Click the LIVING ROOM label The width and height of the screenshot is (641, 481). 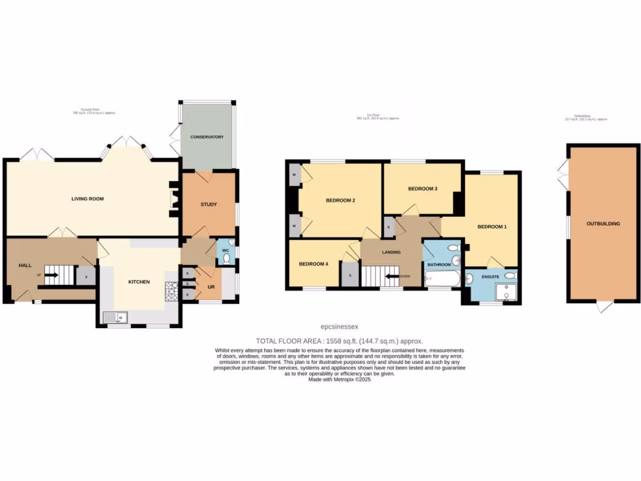(87, 199)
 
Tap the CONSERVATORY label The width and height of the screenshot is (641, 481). (207, 137)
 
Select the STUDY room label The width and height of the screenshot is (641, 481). (208, 204)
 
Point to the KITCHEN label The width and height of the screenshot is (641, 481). (139, 282)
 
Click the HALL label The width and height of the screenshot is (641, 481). (25, 266)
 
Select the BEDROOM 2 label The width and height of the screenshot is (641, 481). (341, 200)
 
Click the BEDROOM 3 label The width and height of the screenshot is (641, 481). (423, 189)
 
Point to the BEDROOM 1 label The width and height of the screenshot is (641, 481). (492, 226)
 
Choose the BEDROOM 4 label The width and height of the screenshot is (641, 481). (313, 264)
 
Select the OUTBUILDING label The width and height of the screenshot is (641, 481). (603, 223)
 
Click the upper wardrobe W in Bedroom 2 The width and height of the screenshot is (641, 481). (294, 174)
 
